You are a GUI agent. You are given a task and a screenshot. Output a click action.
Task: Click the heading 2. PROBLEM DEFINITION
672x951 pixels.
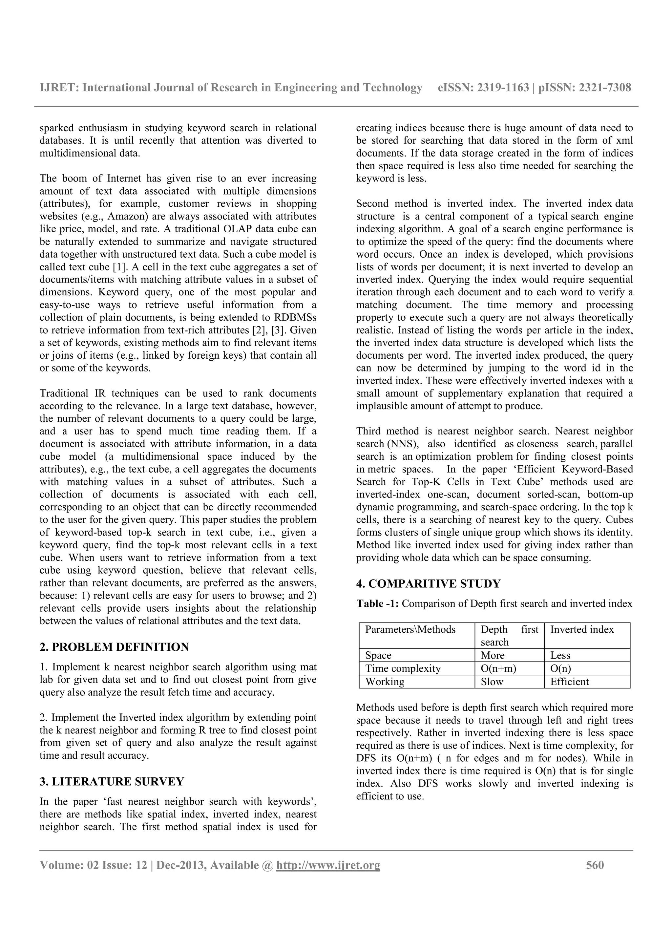tap(114, 646)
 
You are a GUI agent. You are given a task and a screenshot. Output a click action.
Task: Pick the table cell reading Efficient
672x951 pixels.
tap(569, 681)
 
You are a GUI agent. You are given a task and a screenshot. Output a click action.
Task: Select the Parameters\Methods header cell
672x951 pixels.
tap(410, 630)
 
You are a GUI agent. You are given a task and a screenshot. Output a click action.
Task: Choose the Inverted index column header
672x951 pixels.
tap(582, 630)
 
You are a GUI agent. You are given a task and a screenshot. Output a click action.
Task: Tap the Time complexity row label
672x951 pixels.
tap(403, 668)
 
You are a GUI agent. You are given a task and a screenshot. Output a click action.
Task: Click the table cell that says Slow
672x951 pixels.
tap(492, 681)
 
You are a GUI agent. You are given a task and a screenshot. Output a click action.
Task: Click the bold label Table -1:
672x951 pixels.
tap(378, 603)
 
